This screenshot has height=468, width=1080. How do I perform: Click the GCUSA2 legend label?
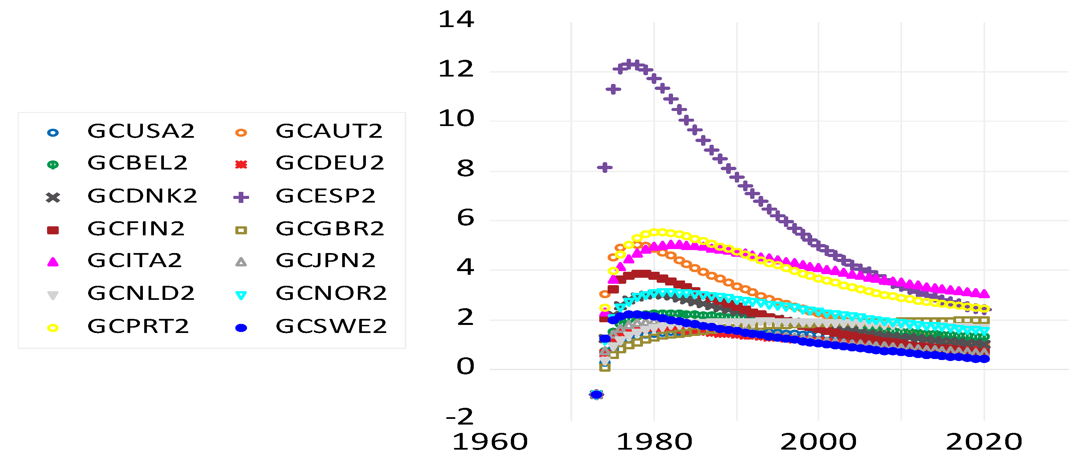(141, 131)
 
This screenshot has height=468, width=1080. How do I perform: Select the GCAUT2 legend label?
(329, 131)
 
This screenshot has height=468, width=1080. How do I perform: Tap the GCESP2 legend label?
(326, 196)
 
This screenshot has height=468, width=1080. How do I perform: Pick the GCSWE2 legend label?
(331, 327)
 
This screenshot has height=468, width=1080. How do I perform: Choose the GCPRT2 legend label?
(138, 327)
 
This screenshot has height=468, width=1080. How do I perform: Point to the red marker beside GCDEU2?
(241, 164)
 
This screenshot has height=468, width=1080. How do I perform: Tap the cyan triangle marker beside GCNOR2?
(241, 296)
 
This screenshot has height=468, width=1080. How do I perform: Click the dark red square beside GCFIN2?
(53, 230)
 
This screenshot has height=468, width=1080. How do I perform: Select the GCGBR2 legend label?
(330, 229)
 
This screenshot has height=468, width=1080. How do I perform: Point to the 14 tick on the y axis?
(456, 20)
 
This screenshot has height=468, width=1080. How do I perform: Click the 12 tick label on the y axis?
(456, 69)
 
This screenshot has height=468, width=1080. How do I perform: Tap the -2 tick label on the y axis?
(459, 417)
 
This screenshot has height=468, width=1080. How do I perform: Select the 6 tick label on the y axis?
(465, 218)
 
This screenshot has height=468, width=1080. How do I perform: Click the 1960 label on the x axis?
(490, 442)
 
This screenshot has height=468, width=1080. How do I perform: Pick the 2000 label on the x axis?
(818, 442)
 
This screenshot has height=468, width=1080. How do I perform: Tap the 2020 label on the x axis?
(984, 442)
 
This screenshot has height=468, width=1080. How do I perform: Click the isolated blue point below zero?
(596, 394)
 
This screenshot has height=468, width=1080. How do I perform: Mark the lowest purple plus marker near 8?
(605, 168)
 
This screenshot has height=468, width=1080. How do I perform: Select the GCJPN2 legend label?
(326, 261)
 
